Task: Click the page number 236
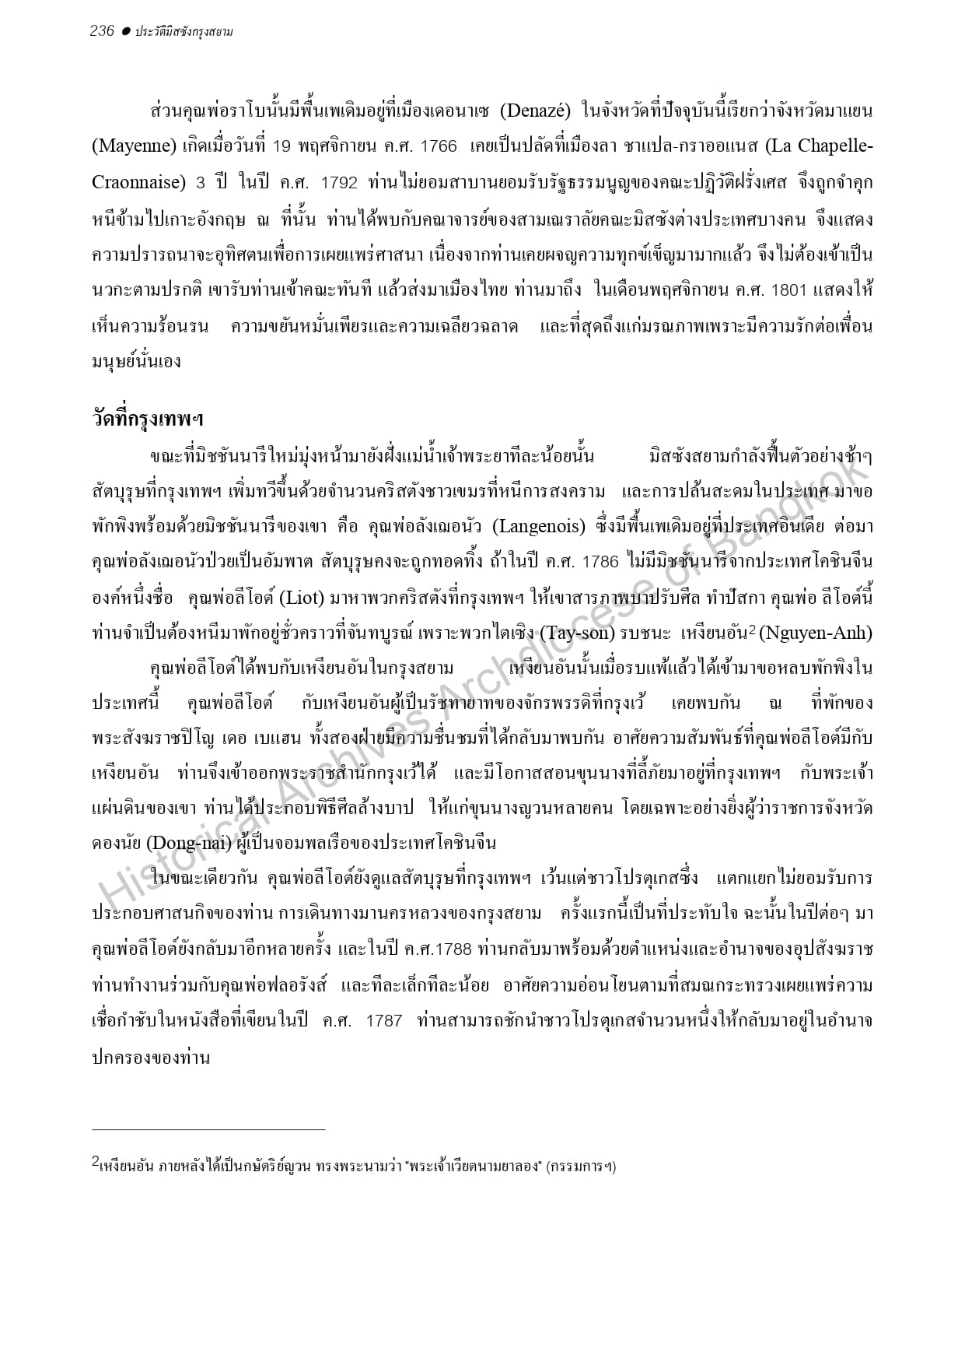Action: click(102, 31)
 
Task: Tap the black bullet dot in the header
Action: click(124, 31)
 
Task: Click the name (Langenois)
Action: click(539, 526)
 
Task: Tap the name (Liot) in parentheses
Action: click(295, 598)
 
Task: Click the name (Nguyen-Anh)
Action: click(815, 633)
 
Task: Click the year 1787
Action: click(383, 1021)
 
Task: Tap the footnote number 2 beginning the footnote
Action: click(95, 1163)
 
